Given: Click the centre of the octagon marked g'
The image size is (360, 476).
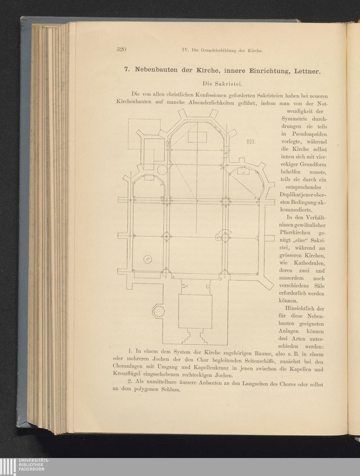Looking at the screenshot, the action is pyautogui.click(x=148, y=259).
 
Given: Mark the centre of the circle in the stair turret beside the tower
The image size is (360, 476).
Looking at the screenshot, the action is pyautogui.click(x=159, y=311).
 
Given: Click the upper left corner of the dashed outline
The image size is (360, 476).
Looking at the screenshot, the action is pyautogui.click(x=128, y=119).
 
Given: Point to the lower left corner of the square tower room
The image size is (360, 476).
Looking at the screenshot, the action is pyautogui.click(x=178, y=328).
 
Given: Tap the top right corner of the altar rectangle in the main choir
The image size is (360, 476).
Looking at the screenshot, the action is pyautogui.click(x=207, y=132).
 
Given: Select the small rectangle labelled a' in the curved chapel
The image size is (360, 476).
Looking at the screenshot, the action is pyautogui.click(x=243, y=172).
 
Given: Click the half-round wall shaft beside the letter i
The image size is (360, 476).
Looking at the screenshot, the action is pyautogui.click(x=184, y=286).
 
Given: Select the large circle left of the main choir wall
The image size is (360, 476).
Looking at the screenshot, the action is pyautogui.click(x=162, y=169).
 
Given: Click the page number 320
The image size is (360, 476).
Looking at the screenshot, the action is pyautogui.click(x=121, y=49).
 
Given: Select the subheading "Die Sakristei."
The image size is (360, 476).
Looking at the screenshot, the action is pyautogui.click(x=222, y=84).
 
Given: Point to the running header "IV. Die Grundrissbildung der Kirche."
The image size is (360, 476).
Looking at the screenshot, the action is pyautogui.click(x=222, y=51).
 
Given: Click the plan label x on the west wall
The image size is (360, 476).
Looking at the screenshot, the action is pyautogui.click(x=174, y=277).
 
